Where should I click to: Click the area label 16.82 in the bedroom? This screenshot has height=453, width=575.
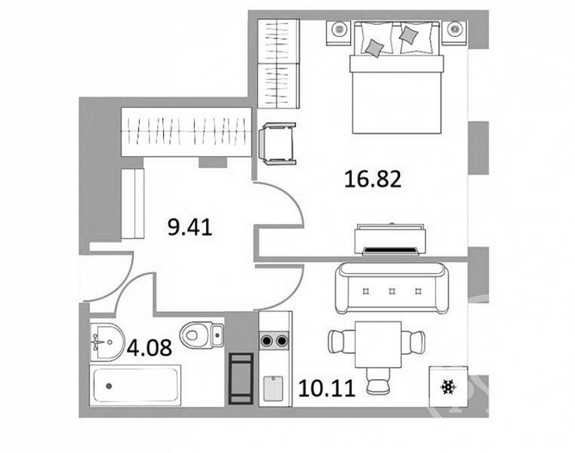[x=373, y=180]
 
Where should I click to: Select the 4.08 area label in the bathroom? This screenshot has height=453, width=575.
[x=149, y=347]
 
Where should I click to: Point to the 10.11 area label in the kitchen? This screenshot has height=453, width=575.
[x=327, y=388]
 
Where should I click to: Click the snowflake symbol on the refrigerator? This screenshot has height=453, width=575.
[x=448, y=387]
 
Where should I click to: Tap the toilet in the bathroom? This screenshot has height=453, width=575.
[x=201, y=334]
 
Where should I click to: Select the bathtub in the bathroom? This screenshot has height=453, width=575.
[x=136, y=385]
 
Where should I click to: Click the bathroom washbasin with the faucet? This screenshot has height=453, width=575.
[x=106, y=342]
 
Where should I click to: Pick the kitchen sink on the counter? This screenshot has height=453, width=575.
[x=273, y=388]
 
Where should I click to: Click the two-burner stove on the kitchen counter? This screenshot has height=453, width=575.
[x=275, y=341]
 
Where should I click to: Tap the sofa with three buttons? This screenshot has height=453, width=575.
[x=392, y=288]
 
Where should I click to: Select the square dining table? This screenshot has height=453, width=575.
[x=378, y=344]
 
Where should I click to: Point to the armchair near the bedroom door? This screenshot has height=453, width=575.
[x=277, y=144]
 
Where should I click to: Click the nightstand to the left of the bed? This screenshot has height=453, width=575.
[x=339, y=32]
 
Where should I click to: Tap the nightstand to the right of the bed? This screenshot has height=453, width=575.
[x=455, y=32]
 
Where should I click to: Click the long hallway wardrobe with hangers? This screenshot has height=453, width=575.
[x=186, y=132]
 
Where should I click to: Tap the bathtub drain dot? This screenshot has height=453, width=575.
[x=109, y=386]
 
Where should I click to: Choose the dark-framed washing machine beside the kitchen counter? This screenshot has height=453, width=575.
[x=241, y=378]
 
